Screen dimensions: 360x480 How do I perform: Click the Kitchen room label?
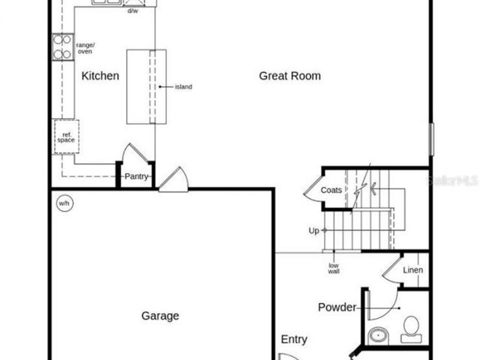pos(100,76)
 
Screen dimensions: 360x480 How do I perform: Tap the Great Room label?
pos(290,76)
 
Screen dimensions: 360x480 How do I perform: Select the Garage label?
pos(160,316)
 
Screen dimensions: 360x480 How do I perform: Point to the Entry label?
pos(294,339)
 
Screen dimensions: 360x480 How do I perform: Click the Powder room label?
pos(337,307)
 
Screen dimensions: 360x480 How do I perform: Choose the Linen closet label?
pos(413,270)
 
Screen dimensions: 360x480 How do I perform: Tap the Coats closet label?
pos(331,190)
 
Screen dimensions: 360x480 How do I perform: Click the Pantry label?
pos(136,177)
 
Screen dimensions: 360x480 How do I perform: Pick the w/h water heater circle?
pos(64,203)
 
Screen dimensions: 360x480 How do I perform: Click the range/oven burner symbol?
pos(63,47)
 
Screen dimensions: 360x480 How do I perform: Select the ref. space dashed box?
pos(66,137)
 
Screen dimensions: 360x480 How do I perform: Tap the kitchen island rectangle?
pos(146,86)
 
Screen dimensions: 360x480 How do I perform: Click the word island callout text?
pos(183,87)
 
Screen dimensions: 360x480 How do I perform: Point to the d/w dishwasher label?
pos(132,11)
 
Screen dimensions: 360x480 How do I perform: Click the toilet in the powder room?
pos(411,329)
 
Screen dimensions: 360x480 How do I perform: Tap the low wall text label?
pos(333,268)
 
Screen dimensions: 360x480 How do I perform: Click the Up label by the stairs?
pos(314,230)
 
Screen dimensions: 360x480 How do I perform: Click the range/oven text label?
pos(85,49)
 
